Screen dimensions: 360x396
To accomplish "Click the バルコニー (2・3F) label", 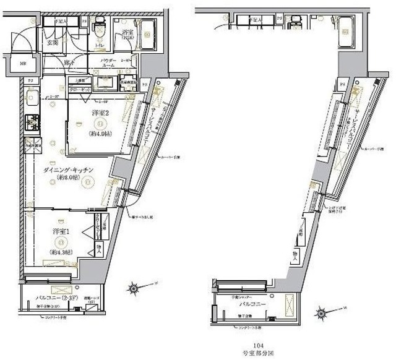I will click(x=51, y=297).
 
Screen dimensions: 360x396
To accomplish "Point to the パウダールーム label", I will click(x=110, y=63).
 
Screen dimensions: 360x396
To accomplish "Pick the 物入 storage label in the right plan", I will click(x=296, y=254).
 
